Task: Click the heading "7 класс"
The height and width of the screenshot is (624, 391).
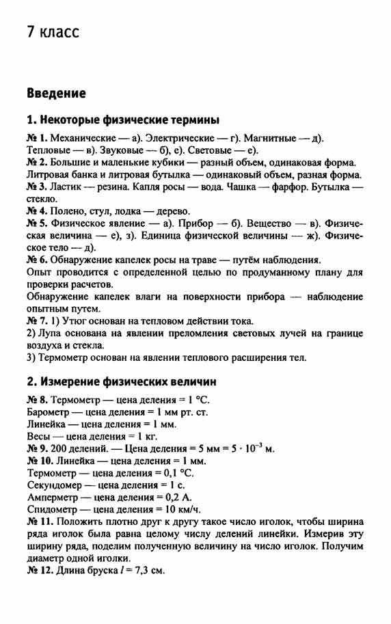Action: point(53,32)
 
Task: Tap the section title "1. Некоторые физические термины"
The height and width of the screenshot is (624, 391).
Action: point(123,120)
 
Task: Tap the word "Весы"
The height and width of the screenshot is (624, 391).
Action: point(40,436)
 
